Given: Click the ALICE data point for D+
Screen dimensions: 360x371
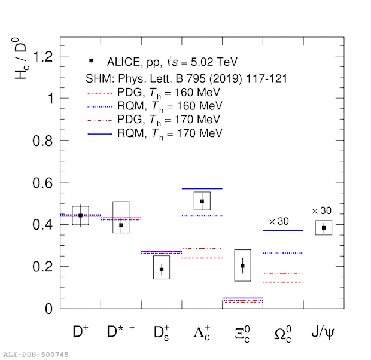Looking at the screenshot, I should [x=80, y=215].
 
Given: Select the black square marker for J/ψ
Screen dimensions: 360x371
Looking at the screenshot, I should [x=324, y=227].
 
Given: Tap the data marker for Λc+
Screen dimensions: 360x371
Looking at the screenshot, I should [x=202, y=201].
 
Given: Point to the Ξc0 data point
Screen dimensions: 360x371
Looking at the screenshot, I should [x=242, y=266].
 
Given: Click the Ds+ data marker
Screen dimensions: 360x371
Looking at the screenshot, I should [x=162, y=269].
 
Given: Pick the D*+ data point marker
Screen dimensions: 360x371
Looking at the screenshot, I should [x=121, y=225].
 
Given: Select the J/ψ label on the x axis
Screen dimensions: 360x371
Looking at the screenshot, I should [x=324, y=331].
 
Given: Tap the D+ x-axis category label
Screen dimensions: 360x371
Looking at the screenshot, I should [x=80, y=330].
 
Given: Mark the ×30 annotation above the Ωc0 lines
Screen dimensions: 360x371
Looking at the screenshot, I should [x=279, y=222].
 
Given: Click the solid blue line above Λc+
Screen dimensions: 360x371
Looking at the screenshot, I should [x=202, y=188].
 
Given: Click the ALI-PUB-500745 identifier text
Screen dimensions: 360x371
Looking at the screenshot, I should [x=36, y=354].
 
